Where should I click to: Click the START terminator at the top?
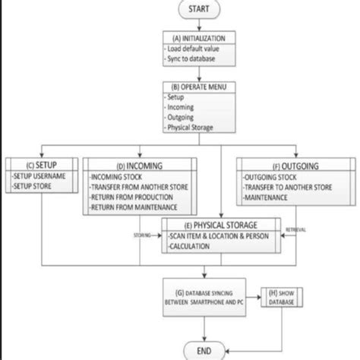[x=199, y=10]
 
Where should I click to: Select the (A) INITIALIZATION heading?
[x=199, y=38]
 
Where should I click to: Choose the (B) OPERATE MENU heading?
[x=198, y=88]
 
